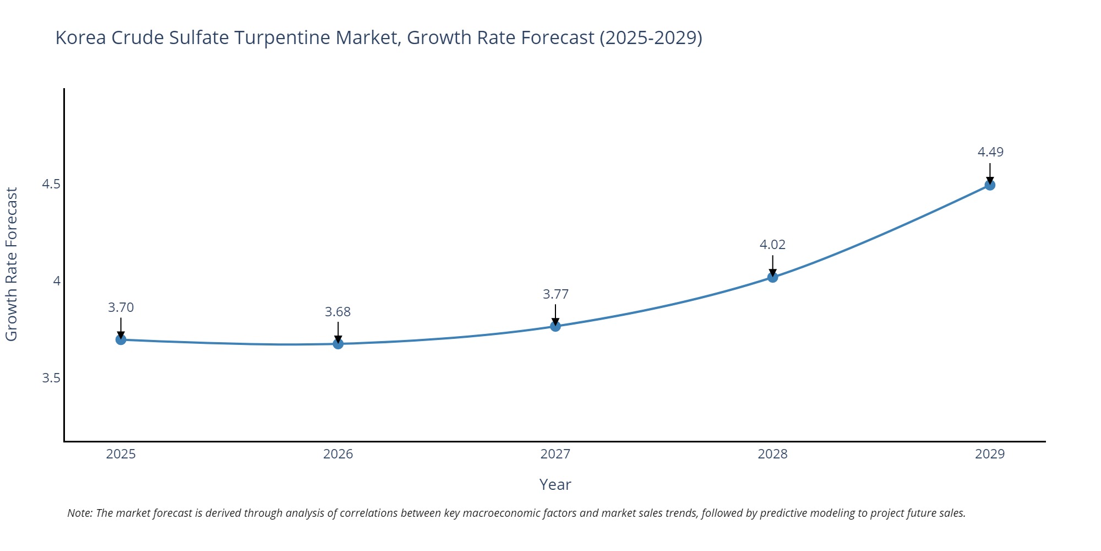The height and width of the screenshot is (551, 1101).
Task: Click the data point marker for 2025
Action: click(121, 339)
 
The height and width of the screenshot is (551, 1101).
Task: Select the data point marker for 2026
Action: click(338, 344)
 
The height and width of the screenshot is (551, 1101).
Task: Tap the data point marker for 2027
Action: click(555, 326)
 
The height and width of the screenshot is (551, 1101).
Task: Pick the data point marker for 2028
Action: click(772, 277)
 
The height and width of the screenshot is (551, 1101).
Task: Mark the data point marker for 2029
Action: click(990, 185)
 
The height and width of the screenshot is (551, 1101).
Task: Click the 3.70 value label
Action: click(121, 307)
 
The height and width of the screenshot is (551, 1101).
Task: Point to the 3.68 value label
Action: click(338, 312)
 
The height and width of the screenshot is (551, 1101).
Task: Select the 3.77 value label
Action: click(555, 294)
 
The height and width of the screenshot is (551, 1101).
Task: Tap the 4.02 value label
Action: click(772, 245)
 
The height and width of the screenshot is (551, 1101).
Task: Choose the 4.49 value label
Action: click(990, 152)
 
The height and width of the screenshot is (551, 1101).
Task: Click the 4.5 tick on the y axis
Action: click(51, 184)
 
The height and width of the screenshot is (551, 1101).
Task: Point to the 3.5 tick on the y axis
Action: click(51, 378)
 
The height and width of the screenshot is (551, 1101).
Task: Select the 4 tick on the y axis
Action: click(56, 281)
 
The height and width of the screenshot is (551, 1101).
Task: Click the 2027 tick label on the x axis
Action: click(555, 454)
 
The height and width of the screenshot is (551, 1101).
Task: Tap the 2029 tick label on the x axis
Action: click(990, 454)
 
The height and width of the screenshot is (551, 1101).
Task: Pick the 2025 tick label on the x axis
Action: click(121, 454)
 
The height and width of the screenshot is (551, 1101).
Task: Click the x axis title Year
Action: click(555, 485)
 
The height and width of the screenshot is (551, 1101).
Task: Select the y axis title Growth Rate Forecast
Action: click(12, 264)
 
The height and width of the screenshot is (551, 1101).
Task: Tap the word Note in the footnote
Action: click(79, 513)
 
